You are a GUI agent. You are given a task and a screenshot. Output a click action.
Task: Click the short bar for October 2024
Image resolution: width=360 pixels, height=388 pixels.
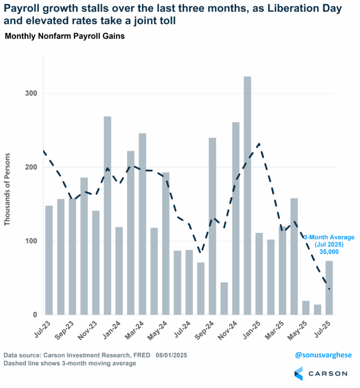[x=224, y=298]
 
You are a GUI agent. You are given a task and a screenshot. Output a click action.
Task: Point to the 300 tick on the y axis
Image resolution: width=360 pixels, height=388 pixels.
[x=30, y=93]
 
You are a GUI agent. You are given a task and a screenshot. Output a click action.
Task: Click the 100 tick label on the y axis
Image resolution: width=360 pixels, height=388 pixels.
[x=30, y=241]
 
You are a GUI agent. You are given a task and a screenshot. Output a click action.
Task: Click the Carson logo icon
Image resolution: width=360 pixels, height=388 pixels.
[x=298, y=373]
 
